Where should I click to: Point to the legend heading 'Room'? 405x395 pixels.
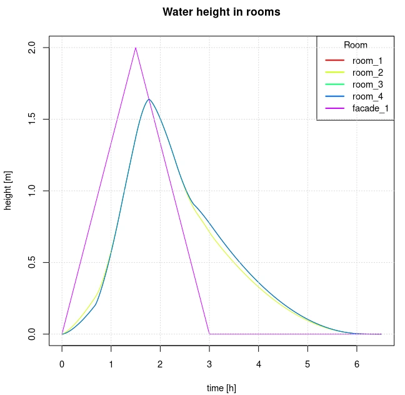point(356,45)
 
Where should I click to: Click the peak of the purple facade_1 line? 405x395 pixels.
point(136,48)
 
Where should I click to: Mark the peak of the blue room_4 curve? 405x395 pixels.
point(149,100)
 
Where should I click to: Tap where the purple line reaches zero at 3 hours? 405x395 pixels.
point(209,334)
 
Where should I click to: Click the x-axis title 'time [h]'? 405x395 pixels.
point(221,388)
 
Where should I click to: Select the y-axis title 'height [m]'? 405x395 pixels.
point(9,191)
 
